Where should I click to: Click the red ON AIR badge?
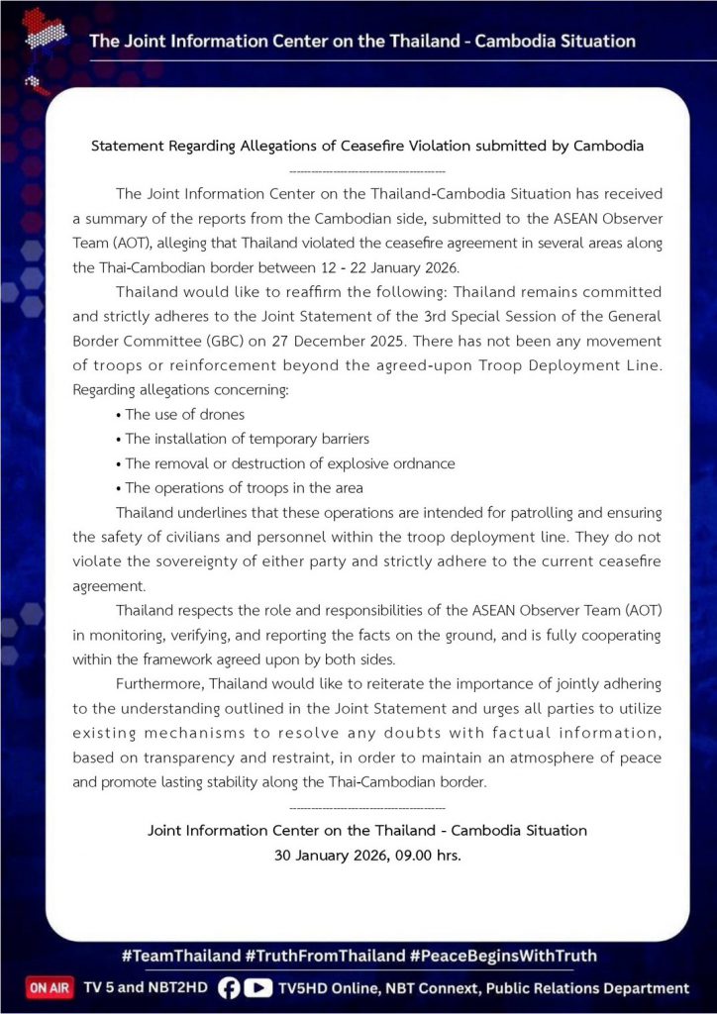[x=50, y=988]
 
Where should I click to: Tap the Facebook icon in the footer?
[x=229, y=988]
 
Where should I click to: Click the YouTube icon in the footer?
[x=258, y=988]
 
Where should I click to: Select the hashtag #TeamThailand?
[x=181, y=957]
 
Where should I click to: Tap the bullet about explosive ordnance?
[x=289, y=463]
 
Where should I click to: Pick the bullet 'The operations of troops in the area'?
[x=244, y=487]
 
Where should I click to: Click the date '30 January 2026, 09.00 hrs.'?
[x=367, y=855]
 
